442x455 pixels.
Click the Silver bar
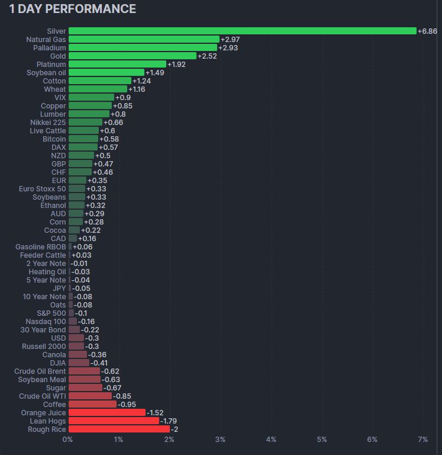coord(243,31)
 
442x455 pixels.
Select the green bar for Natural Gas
coord(144,39)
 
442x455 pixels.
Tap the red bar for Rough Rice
coord(119,429)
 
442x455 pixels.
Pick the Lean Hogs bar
coord(114,421)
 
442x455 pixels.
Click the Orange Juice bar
coord(107,412)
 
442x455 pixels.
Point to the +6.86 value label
coord(427,31)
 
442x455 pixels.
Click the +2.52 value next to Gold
coord(207,56)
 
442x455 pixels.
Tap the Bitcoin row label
coord(54,139)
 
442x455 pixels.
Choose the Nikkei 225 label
coord(48,122)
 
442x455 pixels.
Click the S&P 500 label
coord(51,313)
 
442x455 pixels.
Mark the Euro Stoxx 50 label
coord(43,188)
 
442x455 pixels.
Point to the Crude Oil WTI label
coord(43,396)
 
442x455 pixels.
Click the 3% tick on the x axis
coord(220,440)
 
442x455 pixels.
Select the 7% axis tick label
coord(422,440)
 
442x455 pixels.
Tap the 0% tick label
coord(68,440)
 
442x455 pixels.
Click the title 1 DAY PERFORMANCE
coord(72,9)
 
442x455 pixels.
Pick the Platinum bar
coord(117,64)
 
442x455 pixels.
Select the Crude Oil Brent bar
coord(84,371)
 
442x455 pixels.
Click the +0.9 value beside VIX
coord(123,97)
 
